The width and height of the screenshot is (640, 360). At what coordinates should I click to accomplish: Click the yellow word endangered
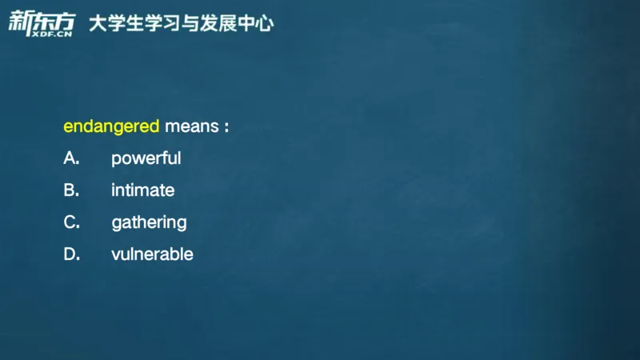(x=111, y=126)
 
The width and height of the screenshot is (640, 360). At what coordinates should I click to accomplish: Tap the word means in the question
(x=190, y=126)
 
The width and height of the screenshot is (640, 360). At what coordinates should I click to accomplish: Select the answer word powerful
(x=146, y=158)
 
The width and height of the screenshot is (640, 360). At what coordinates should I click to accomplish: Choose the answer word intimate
(x=142, y=190)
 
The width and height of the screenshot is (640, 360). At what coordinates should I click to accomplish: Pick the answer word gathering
(x=149, y=222)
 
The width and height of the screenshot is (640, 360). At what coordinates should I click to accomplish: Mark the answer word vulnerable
(x=152, y=254)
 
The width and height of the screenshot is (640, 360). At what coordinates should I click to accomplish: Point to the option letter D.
(x=71, y=254)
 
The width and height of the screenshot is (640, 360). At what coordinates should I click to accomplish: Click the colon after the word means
(x=226, y=127)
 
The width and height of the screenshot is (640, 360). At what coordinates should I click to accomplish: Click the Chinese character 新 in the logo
(x=19, y=21)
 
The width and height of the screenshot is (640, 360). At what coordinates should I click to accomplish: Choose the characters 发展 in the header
(x=225, y=23)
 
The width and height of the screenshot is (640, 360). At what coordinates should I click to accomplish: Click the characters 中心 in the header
(x=258, y=23)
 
